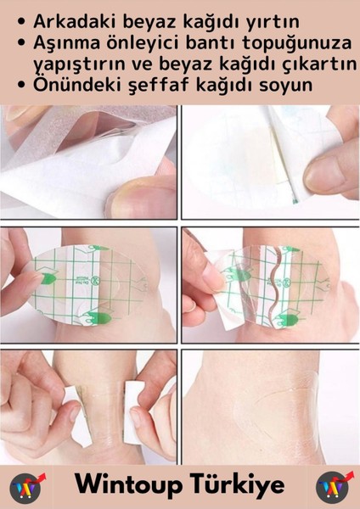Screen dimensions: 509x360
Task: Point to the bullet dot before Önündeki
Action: pos(19,86)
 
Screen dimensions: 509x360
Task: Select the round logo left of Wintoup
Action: pos(27,487)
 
